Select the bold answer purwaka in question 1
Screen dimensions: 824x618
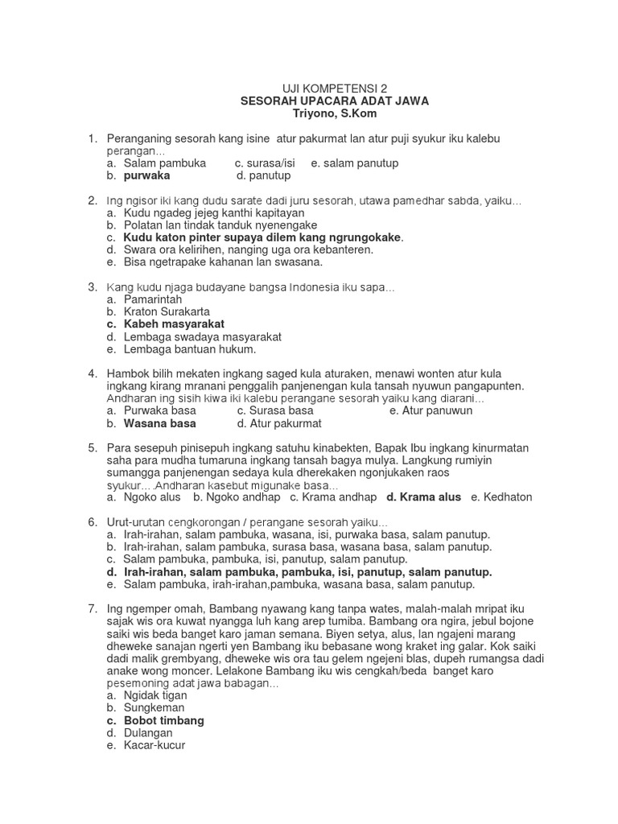(x=146, y=175)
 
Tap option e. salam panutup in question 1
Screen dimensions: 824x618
(x=355, y=163)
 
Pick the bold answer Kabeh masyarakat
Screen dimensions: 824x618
(x=174, y=324)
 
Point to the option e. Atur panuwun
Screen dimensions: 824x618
(x=431, y=410)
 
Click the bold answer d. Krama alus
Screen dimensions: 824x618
(x=424, y=497)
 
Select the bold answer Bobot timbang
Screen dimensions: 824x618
(x=163, y=720)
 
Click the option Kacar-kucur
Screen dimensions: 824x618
(x=154, y=746)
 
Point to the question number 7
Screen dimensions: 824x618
(x=93, y=609)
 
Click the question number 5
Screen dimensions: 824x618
(x=93, y=447)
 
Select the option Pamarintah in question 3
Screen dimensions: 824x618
(x=154, y=299)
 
